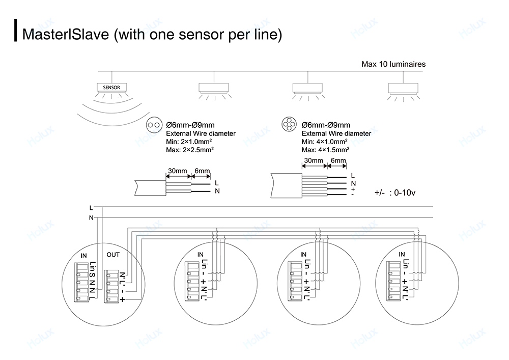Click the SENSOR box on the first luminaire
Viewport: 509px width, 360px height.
tap(111, 87)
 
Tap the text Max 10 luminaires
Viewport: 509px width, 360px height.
tap(393, 64)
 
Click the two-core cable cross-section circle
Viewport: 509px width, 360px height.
tap(154, 125)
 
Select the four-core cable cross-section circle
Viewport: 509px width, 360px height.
tap(289, 124)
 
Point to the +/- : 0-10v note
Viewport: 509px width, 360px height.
tap(395, 192)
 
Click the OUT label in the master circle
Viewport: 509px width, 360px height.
tap(113, 255)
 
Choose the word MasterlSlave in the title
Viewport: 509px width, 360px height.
tap(66, 34)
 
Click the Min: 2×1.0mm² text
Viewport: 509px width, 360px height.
tap(189, 142)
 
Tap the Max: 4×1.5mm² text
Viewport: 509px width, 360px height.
tap(325, 150)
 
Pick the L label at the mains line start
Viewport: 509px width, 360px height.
tap(91, 208)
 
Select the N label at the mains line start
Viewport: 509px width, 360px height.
tap(91, 218)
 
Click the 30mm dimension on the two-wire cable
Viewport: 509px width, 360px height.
tap(178, 171)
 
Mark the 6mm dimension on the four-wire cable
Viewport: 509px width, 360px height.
tap(338, 160)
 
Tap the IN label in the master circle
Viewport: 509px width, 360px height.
tap(84, 256)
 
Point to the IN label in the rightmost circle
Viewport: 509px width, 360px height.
tap(402, 255)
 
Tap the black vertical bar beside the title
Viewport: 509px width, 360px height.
tap(15, 30)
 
